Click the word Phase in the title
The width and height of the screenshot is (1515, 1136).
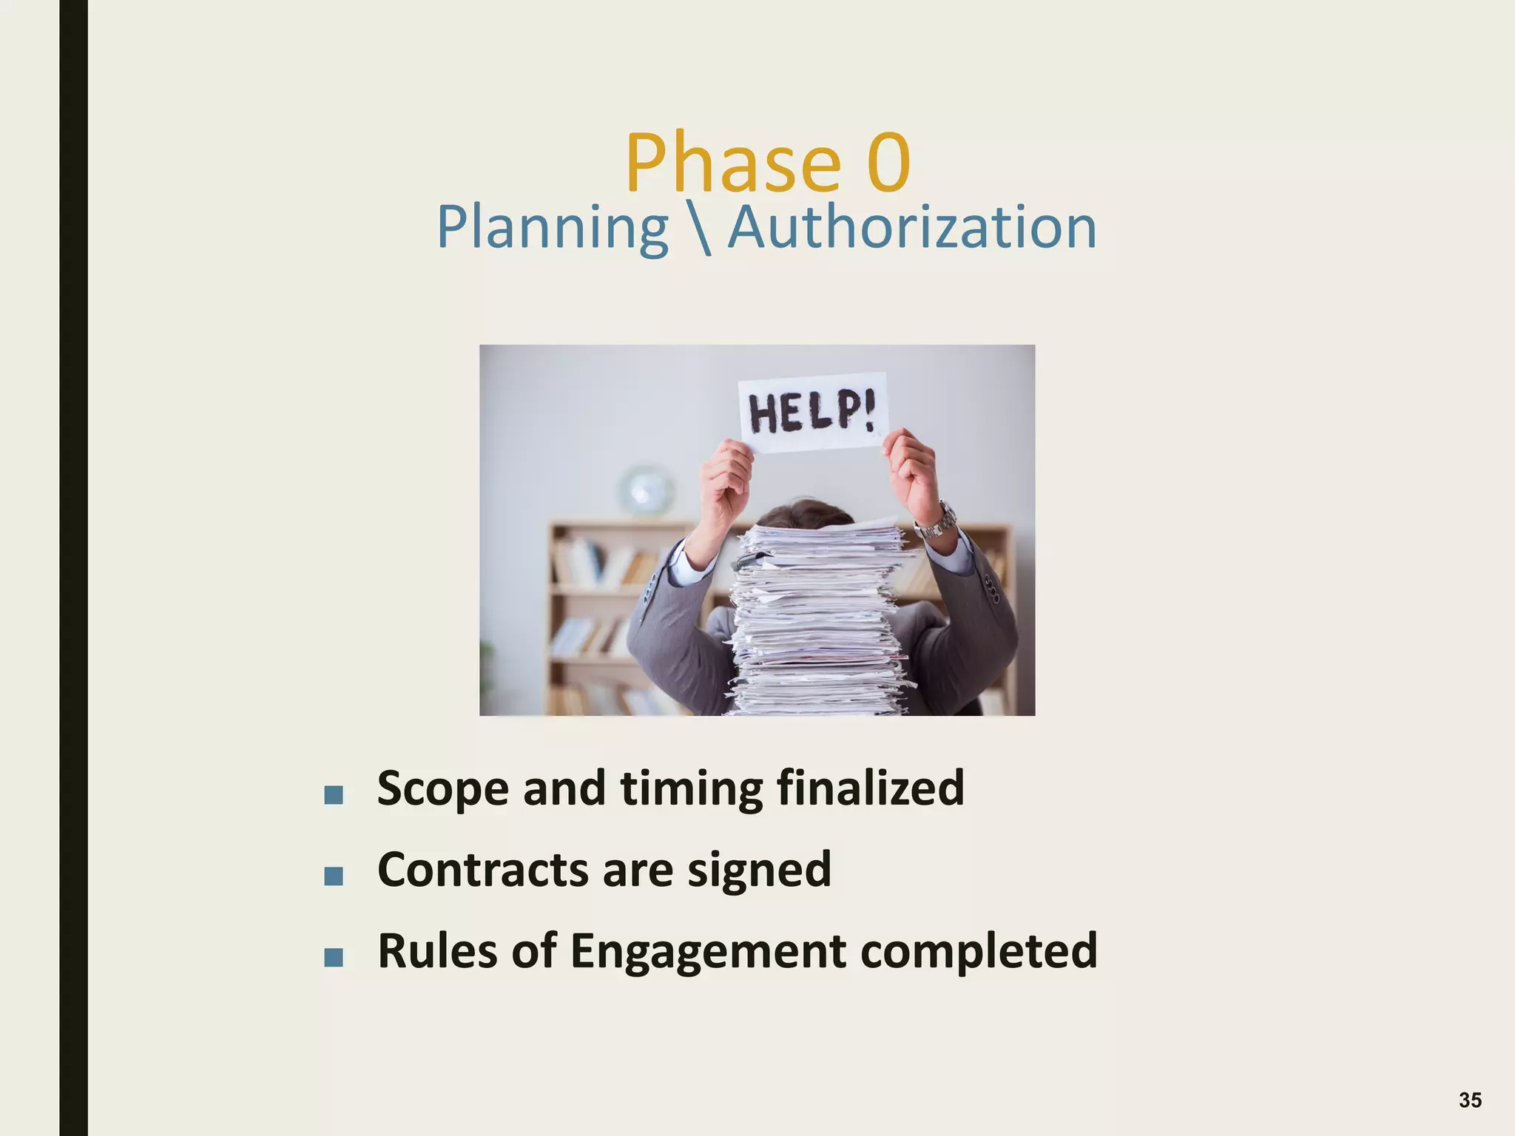[732, 163]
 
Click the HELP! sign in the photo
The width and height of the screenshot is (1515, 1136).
[812, 413]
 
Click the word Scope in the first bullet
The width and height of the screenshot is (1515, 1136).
[442, 789]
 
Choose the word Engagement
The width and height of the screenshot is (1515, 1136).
[708, 952]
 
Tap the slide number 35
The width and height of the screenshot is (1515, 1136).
[1470, 1100]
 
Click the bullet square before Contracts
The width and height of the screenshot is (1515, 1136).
[334, 876]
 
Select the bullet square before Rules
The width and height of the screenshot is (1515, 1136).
[334, 958]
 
